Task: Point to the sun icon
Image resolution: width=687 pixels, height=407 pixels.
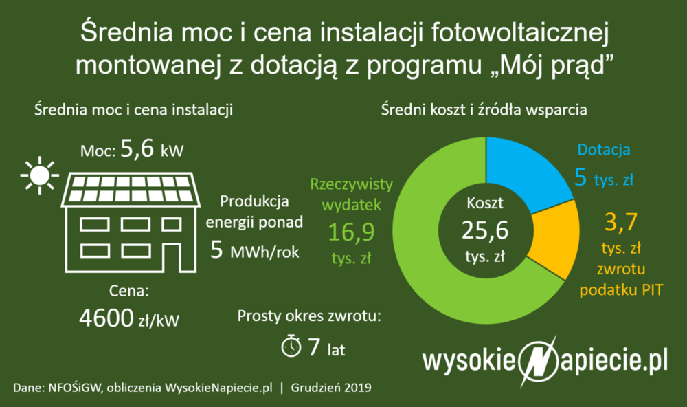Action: pyautogui.click(x=38, y=174)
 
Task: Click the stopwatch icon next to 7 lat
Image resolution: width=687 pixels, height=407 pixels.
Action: pyautogui.click(x=291, y=346)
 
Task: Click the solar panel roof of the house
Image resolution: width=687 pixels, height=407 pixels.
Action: pyautogui.click(x=131, y=188)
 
